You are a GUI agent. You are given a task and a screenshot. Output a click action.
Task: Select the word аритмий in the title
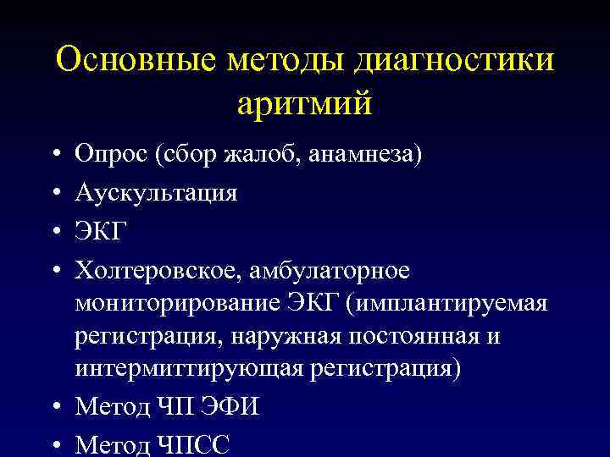(x=304, y=107)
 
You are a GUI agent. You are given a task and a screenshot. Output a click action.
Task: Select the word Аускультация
(x=157, y=193)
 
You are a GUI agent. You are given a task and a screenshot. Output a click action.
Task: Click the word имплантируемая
(x=455, y=302)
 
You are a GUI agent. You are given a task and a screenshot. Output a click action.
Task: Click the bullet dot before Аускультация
(x=54, y=194)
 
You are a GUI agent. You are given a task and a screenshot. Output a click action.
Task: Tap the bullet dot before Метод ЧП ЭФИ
(x=54, y=407)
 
